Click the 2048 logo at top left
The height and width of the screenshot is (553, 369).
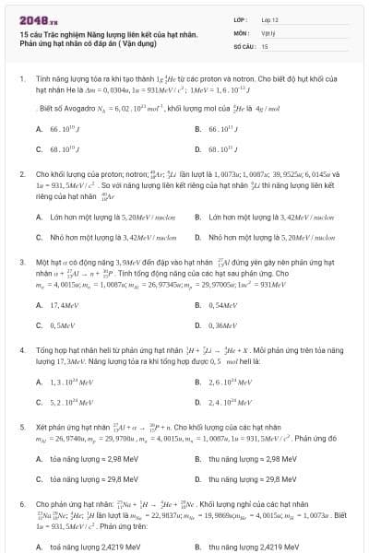(x=38, y=18)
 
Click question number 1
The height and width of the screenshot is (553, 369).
(x=21, y=80)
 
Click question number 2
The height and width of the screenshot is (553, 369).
(x=21, y=173)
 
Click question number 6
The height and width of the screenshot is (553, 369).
(x=21, y=505)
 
